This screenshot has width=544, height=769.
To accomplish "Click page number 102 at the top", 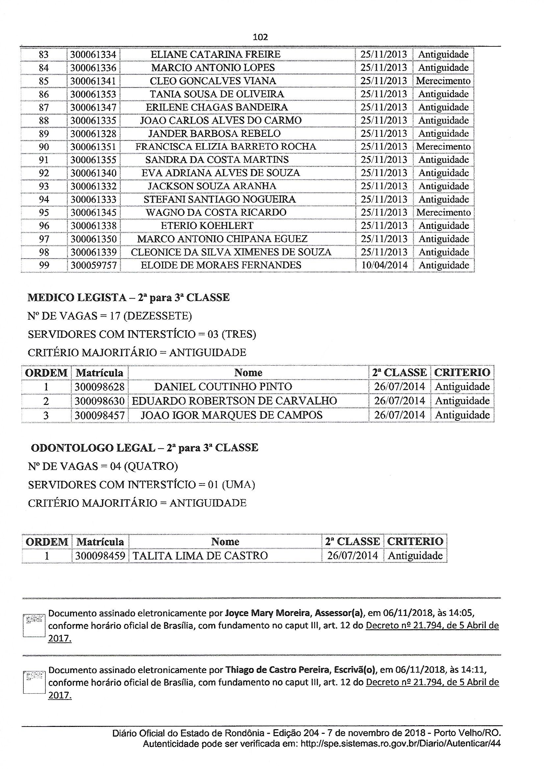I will pos(260,37).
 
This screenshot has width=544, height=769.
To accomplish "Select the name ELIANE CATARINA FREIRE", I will pos(215,54).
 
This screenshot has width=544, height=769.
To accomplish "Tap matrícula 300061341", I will pos(93,81).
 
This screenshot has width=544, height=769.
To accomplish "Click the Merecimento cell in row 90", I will pos(443,147).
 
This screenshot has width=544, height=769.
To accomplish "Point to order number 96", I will pos(44,226).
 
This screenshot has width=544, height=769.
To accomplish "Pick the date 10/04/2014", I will pos(384,265).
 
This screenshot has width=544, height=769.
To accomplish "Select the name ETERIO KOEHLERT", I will pos(207,226).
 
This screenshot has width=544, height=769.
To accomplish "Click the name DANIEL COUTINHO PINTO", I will pos(223,387).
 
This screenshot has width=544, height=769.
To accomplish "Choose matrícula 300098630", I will pos(100,401).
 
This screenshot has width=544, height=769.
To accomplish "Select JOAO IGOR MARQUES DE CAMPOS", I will pos(232,415).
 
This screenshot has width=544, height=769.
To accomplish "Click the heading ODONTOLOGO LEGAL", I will pos(93,448).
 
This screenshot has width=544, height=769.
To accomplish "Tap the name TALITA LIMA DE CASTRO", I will pos(200,556).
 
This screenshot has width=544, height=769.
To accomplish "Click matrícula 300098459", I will pos(100,556).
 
